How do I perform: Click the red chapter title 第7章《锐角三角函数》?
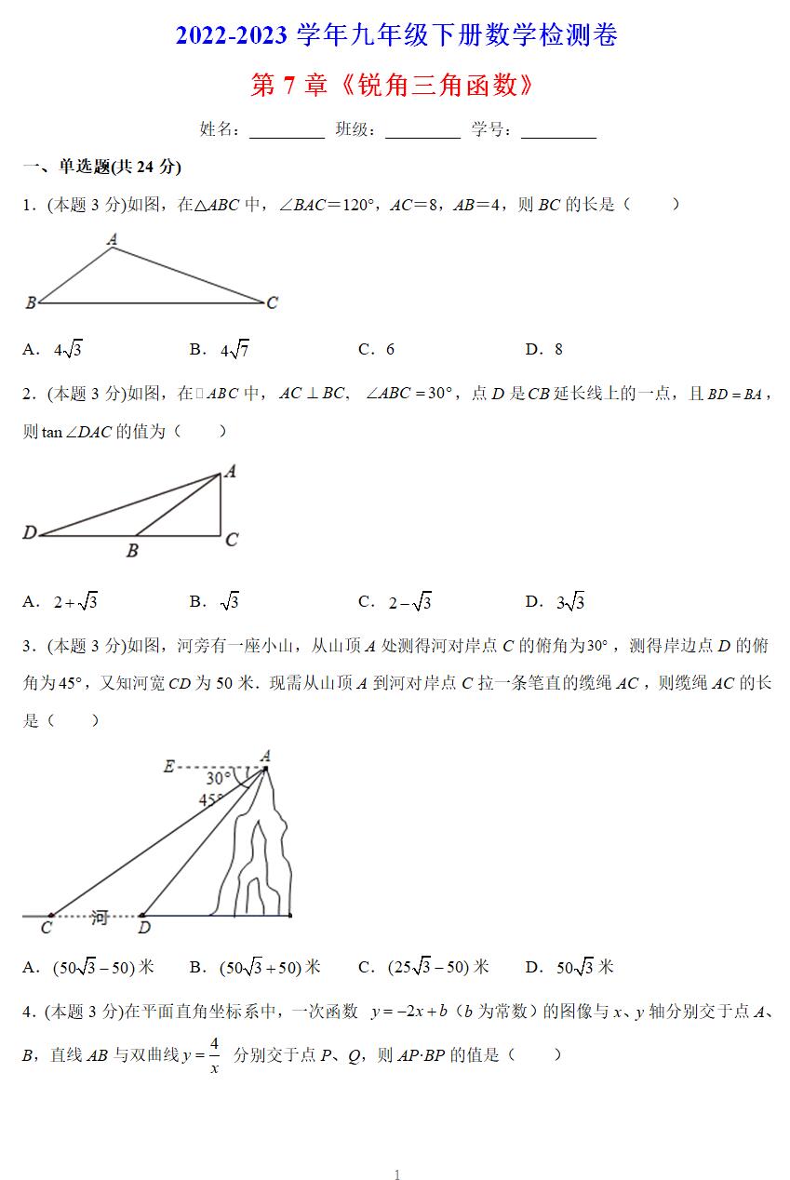(395, 86)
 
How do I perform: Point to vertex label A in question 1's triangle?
(112, 239)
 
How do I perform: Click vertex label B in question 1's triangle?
(30, 302)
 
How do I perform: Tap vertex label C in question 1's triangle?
(272, 302)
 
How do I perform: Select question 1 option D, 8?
(557, 350)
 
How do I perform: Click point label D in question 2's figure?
(30, 533)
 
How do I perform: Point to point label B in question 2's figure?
(132, 551)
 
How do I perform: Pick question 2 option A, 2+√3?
(75, 602)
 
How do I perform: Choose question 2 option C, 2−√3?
(409, 602)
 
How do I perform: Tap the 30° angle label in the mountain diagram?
(219, 778)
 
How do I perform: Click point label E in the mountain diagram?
(168, 767)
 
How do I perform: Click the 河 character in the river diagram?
(99, 918)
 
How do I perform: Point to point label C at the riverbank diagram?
(47, 928)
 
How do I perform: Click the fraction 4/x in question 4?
(214, 1055)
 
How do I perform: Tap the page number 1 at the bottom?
(397, 1175)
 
